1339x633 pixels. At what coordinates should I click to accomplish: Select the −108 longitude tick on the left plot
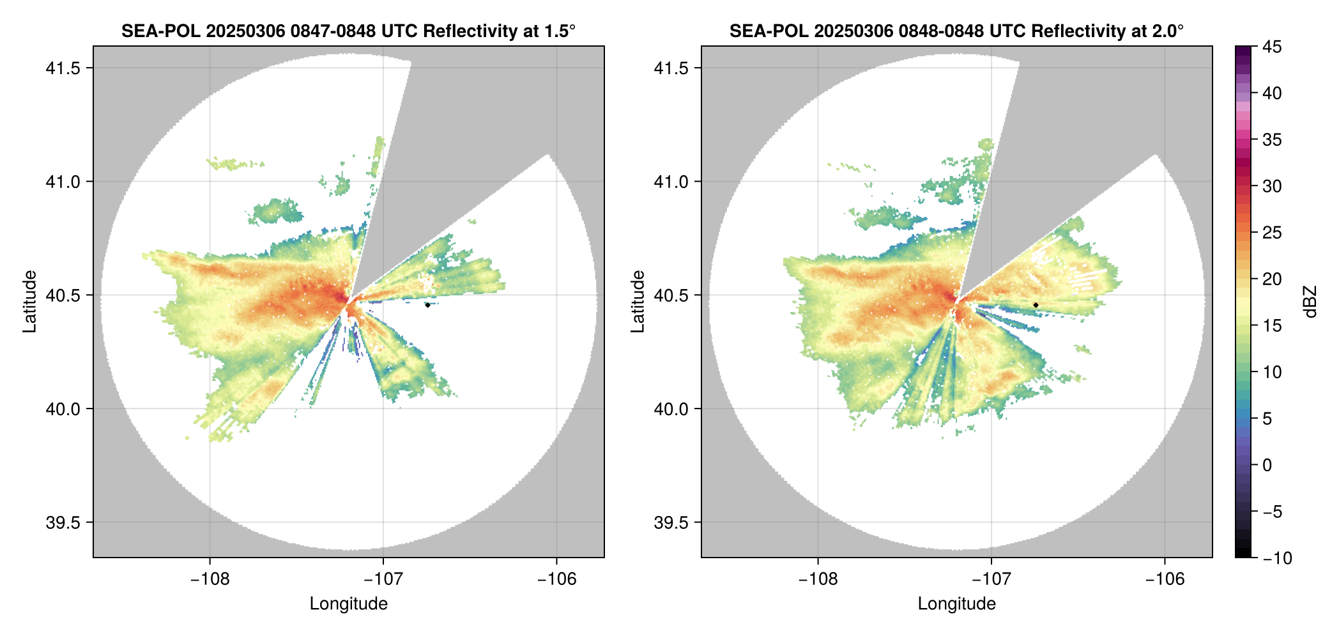coord(210,579)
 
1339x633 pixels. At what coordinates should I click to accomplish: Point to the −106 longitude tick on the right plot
coord(1165,579)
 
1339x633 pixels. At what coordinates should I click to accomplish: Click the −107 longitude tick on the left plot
coord(383,579)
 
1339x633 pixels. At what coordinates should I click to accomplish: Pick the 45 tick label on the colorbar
coord(1272,47)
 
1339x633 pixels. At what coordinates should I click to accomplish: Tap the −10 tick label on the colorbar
coord(1278,558)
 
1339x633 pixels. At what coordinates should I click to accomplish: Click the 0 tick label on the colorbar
coord(1267,465)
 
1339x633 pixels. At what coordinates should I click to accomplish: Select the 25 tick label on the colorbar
coord(1272,233)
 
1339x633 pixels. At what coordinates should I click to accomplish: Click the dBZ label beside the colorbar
coord(1312,301)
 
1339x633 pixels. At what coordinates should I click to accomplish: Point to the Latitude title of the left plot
coord(29,301)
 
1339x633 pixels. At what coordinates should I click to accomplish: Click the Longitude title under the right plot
coord(956,604)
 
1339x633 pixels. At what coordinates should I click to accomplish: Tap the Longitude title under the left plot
coord(348,604)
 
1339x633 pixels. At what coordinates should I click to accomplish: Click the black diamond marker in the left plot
coord(427,305)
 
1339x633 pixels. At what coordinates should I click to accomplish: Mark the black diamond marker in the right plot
coord(1036,305)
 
